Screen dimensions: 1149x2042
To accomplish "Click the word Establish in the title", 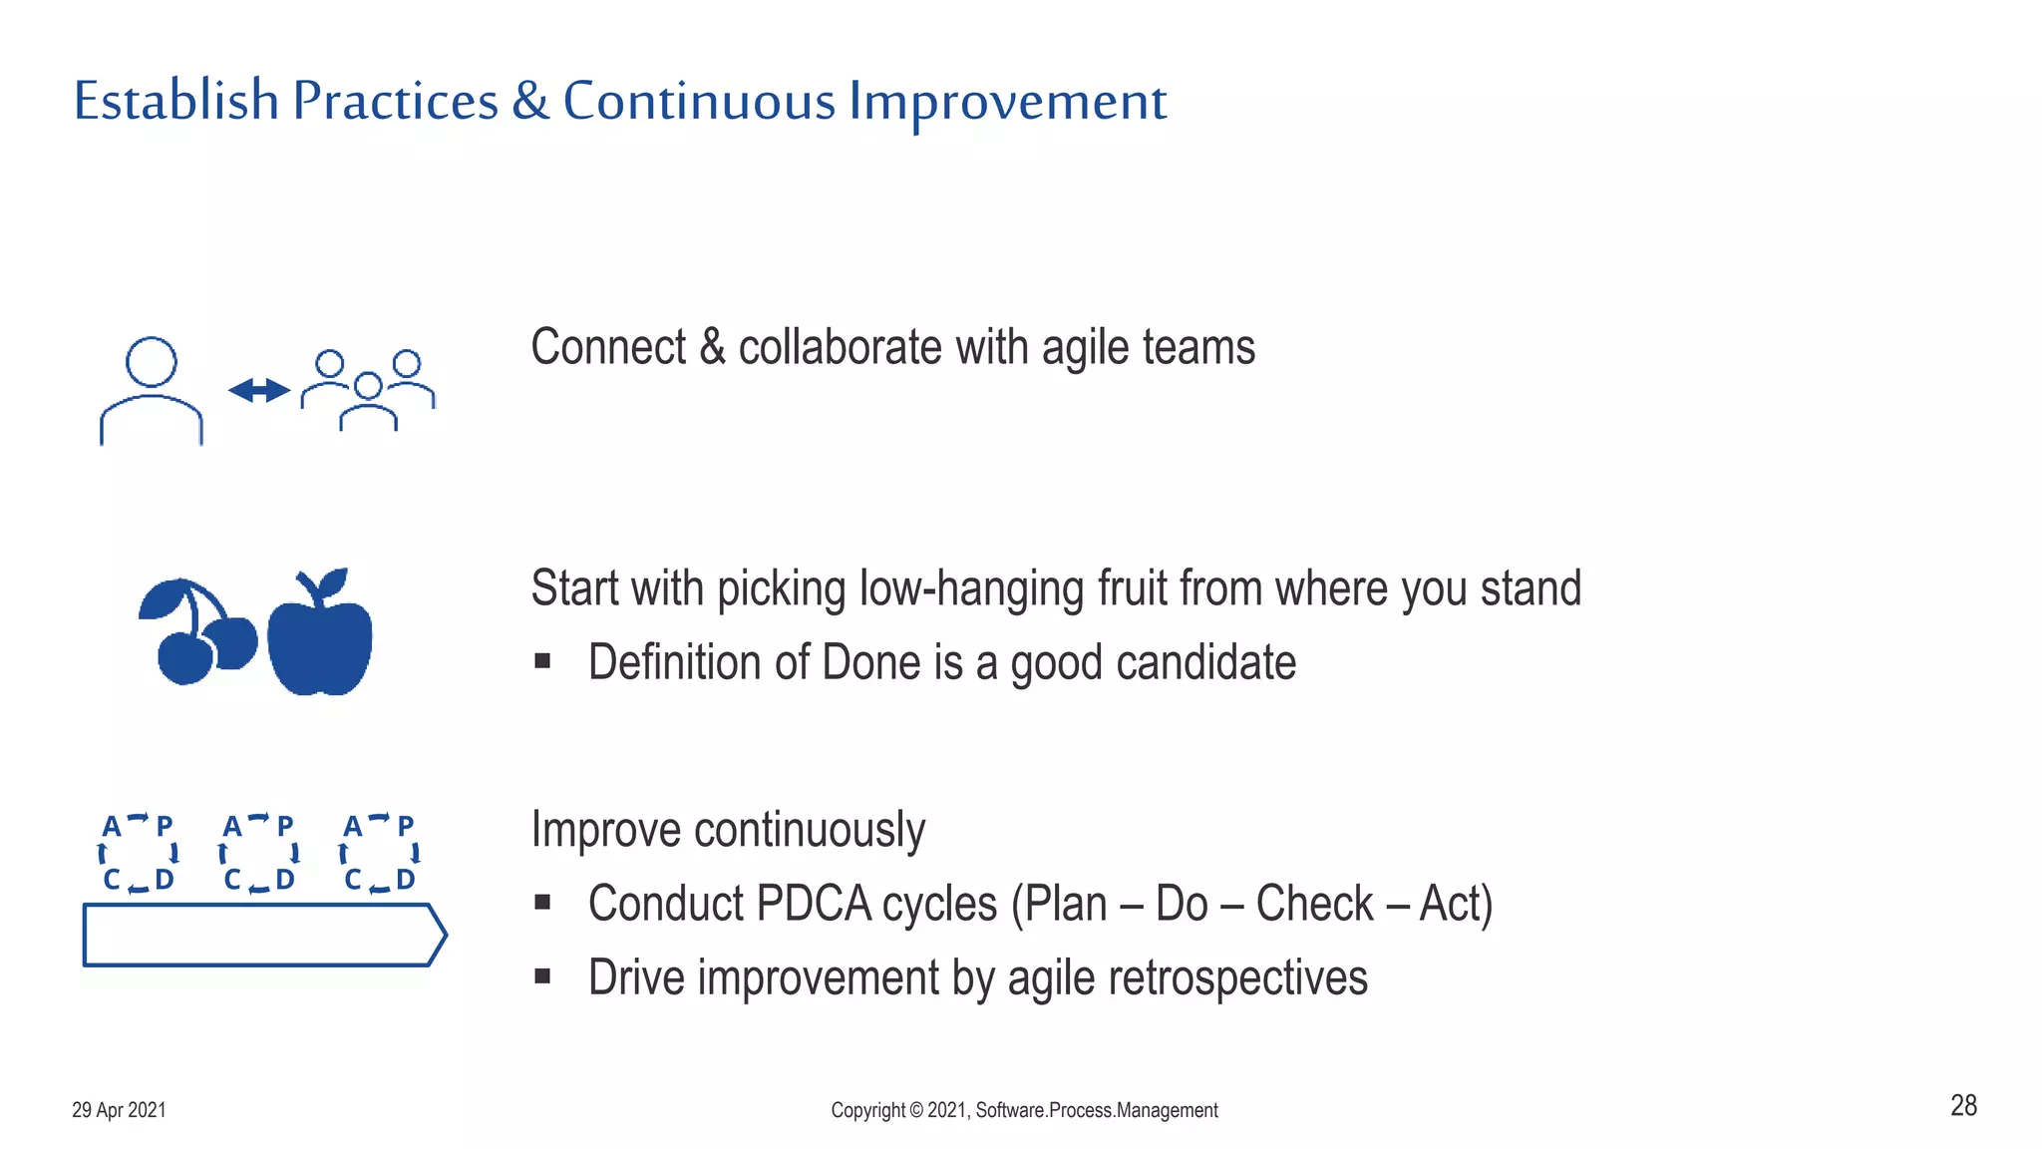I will click(x=175, y=101).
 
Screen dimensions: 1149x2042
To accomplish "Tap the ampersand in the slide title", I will click(x=530, y=101).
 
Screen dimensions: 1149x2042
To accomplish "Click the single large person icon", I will click(x=152, y=391).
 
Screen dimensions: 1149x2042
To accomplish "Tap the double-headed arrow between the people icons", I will click(x=259, y=390).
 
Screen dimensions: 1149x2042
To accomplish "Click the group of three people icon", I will click(x=368, y=390).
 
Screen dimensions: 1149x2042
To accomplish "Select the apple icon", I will click(x=320, y=633).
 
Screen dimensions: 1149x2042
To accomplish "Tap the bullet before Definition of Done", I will click(x=542, y=661).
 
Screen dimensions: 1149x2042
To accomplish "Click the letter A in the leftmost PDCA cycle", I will click(x=112, y=826).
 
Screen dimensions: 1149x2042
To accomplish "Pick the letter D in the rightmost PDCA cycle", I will click(x=405, y=879).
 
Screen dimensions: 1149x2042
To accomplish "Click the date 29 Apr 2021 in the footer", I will click(x=119, y=1110).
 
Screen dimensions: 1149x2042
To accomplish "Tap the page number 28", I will click(x=1963, y=1105).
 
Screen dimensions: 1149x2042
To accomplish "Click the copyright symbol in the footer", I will click(x=915, y=1110).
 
